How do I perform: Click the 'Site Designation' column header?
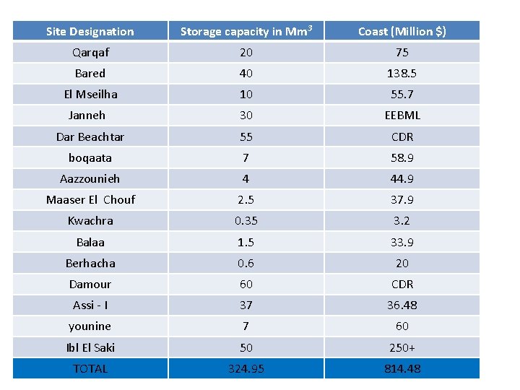90,31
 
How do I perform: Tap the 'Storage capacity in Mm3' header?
246,31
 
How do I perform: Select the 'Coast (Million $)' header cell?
402,31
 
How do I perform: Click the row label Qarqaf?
90,52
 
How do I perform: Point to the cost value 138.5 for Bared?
402,73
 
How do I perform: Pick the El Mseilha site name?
90,94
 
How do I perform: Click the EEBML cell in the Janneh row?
402,115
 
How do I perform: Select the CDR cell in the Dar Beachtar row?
402,136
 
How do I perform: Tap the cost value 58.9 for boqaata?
402,157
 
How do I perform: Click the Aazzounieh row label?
90,178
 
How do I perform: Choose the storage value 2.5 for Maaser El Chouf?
246,199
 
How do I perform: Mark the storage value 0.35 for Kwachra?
246,220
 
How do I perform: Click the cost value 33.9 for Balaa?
402,242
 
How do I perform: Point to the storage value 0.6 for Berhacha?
246,263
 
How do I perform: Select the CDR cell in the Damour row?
402,284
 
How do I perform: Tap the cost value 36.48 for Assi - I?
402,305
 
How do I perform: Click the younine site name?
90,326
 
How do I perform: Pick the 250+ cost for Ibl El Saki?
402,347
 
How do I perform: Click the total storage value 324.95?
246,368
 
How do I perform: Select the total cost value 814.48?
402,368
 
